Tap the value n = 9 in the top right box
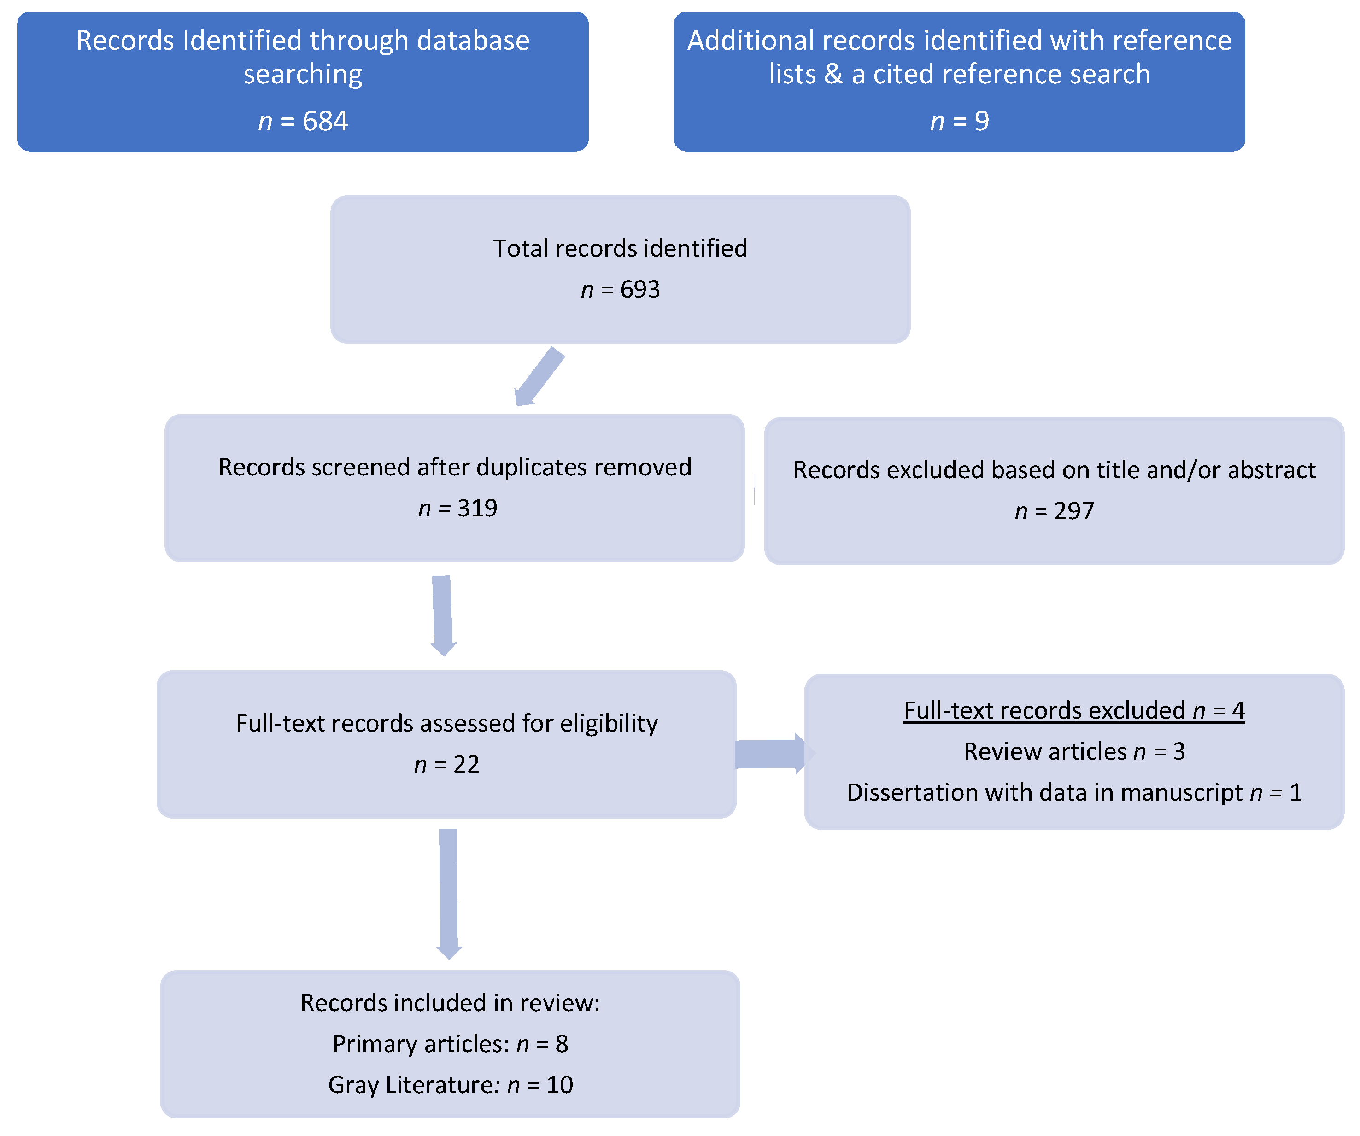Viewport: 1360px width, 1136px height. pos(959,121)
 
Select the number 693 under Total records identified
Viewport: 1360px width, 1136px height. pos(640,289)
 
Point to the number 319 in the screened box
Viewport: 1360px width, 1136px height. pos(477,509)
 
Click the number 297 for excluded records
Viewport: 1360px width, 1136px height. pos(1074,511)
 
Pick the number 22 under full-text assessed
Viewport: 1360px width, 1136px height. pos(466,765)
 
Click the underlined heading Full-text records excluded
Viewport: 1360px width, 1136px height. pos(1044,710)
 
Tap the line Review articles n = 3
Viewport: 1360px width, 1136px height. pos(1074,751)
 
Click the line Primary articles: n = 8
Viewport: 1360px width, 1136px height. pos(450,1044)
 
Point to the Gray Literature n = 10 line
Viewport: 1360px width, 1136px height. pos(450,1085)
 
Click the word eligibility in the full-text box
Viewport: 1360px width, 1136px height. pos(609,723)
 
